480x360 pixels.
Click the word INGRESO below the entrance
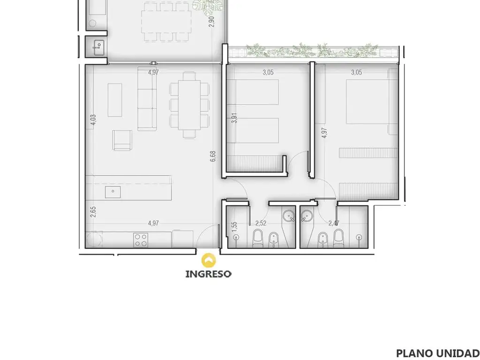point(209,274)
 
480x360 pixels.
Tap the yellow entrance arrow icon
point(209,260)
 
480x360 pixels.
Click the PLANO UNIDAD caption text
point(437,353)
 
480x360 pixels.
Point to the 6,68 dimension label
point(213,156)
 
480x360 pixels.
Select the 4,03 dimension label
point(93,120)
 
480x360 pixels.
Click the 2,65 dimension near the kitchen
point(93,212)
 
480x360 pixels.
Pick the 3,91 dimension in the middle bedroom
point(234,118)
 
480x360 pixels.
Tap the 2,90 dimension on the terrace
point(211,22)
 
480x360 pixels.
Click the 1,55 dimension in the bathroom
point(234,227)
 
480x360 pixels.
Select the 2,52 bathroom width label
point(261,223)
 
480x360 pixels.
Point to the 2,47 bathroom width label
point(334,223)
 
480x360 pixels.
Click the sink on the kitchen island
point(113,192)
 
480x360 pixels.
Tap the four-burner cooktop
point(141,240)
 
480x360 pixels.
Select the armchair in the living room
point(122,140)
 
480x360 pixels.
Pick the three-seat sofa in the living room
point(145,98)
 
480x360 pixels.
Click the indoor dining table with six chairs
point(190,105)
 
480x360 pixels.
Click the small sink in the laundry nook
point(99,47)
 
